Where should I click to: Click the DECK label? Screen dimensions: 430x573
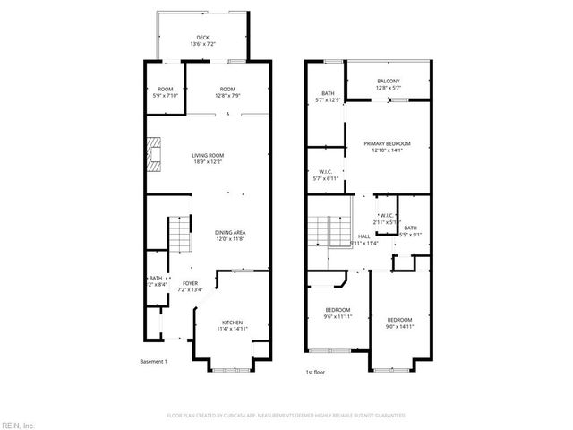(x=203, y=38)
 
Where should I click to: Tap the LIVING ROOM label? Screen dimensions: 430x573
(x=208, y=156)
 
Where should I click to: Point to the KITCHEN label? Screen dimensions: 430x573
(x=232, y=322)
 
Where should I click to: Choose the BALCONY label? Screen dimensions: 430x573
(x=389, y=82)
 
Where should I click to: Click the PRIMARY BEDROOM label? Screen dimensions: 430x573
(x=387, y=144)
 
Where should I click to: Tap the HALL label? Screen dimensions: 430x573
(x=363, y=236)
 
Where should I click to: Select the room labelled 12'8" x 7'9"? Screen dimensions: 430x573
(x=227, y=92)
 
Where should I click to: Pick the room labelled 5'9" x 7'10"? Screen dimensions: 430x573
(x=166, y=92)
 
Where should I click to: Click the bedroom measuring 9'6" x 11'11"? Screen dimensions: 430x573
(x=338, y=314)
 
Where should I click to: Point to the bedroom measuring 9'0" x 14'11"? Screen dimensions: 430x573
(x=399, y=323)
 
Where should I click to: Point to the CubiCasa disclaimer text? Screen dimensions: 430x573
(x=286, y=416)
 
